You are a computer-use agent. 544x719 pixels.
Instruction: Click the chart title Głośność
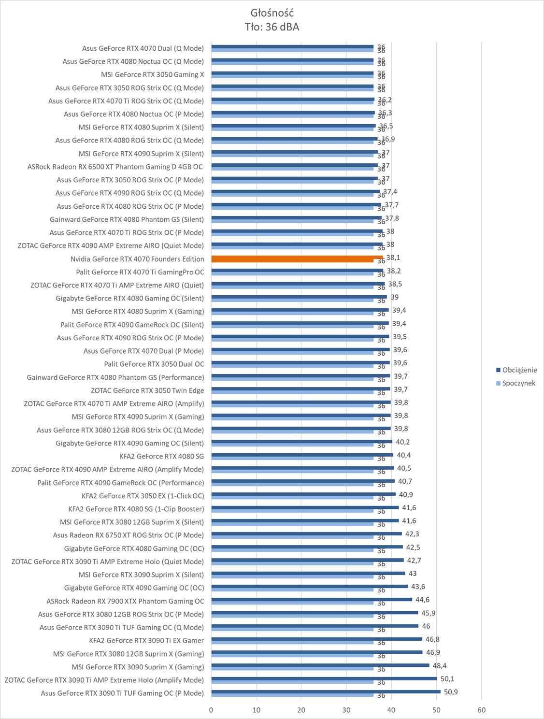point(272,13)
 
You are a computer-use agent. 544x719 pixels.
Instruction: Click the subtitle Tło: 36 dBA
point(272,27)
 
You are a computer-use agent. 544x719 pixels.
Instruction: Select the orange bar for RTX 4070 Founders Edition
point(297,258)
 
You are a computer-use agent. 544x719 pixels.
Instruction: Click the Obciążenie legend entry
point(519,370)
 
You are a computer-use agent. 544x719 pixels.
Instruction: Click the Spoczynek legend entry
point(518,383)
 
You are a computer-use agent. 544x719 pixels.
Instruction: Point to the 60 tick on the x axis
point(481,710)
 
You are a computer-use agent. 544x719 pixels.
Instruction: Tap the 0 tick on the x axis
point(211,710)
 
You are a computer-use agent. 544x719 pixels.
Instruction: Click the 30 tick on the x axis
point(346,710)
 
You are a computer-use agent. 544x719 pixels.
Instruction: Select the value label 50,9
point(451,692)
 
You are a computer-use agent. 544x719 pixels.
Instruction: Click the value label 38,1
point(393,258)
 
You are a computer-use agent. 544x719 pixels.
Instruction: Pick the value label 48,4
point(439,665)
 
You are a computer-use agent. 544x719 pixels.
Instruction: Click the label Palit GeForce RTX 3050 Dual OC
point(154,364)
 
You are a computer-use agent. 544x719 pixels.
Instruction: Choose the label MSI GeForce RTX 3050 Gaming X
point(152,74)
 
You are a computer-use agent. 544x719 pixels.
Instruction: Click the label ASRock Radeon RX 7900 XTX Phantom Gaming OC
point(125,601)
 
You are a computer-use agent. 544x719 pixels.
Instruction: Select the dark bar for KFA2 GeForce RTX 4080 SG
point(302,455)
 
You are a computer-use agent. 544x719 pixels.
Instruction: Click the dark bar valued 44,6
point(312,599)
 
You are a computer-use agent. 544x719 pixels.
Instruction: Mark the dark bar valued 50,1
point(324,678)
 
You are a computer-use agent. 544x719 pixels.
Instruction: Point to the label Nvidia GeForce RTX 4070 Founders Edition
point(137,259)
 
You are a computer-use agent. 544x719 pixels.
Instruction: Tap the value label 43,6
point(418,587)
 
